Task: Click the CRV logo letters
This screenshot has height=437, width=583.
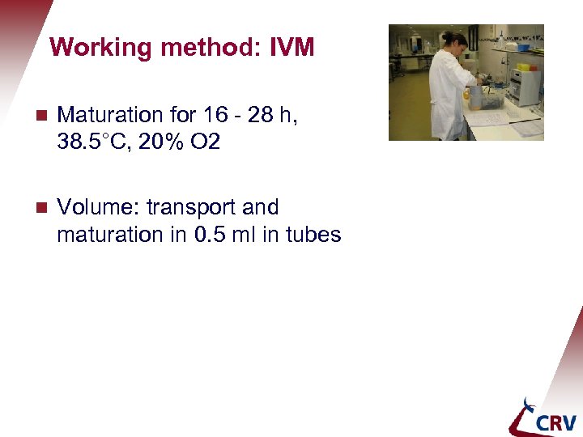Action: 554,421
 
